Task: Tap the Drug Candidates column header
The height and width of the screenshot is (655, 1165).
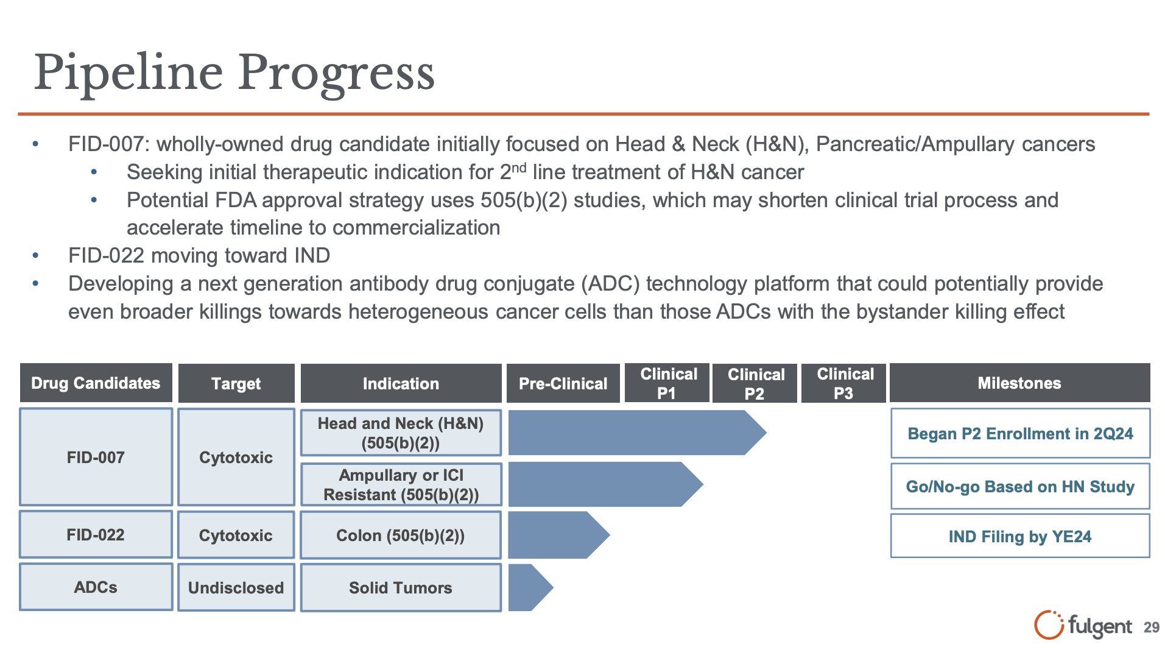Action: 96,383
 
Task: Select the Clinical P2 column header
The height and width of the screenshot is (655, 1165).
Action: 755,383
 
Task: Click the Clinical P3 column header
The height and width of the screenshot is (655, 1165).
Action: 844,383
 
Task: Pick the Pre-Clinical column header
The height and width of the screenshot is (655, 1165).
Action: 563,383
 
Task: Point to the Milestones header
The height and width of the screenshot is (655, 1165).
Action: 1019,383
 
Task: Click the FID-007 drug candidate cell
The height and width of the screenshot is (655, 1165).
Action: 96,457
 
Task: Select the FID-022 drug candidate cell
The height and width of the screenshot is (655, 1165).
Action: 96,534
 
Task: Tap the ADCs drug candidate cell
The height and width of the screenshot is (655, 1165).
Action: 96,587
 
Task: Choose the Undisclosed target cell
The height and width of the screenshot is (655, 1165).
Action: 236,587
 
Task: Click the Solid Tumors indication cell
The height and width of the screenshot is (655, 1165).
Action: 400,587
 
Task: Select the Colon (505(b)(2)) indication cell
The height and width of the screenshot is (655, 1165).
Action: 400,535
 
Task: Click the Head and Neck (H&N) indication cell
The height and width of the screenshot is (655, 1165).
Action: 400,433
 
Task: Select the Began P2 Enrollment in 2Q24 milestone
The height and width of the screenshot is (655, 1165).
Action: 1020,433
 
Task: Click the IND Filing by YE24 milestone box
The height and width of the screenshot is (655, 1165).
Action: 1020,536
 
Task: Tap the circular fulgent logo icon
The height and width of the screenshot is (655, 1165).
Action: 1049,625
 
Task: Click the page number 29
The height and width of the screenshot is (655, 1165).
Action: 1151,628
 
